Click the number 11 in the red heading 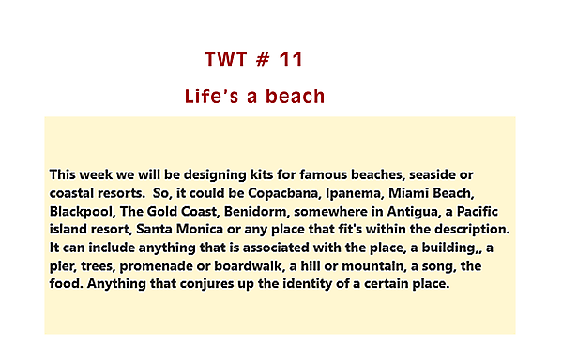pos(290,59)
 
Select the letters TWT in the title pos(225,59)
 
